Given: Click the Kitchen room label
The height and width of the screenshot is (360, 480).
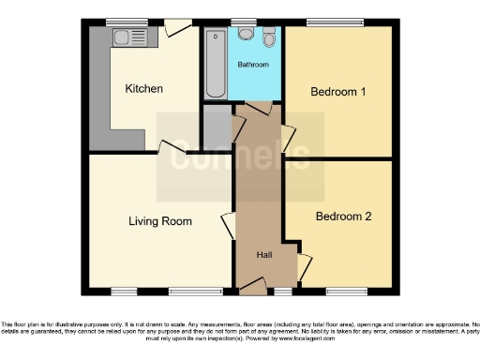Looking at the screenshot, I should (x=144, y=89).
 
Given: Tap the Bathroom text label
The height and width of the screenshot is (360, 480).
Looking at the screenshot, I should (x=252, y=65).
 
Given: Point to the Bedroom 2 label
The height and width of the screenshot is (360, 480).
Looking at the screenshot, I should (x=343, y=217).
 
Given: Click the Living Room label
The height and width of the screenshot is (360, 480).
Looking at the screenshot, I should (x=160, y=222).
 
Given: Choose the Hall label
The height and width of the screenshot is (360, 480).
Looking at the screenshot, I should (x=265, y=254).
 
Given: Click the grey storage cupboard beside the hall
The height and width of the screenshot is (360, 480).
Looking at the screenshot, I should (x=217, y=127).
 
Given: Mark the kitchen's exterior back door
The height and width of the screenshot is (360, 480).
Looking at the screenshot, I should (x=174, y=29).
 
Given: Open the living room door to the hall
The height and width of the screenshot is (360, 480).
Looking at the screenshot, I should (x=227, y=226).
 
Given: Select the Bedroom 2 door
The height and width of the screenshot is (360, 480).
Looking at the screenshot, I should (x=303, y=266).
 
